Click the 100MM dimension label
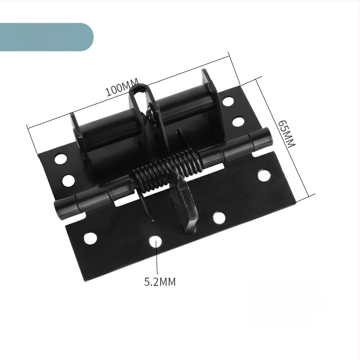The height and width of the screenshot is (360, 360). point(122,87)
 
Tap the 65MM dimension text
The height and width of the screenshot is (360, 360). point(286,134)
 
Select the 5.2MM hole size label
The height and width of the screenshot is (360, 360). point(160,282)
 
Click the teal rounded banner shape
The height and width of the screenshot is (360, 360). point(47,37)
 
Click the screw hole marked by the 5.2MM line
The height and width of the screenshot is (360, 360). point(155,241)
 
